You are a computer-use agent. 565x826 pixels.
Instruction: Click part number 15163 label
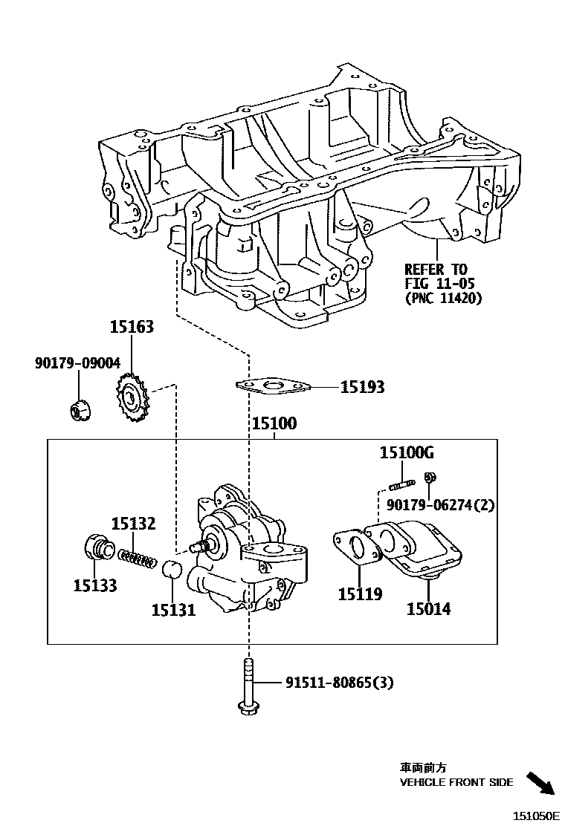132,326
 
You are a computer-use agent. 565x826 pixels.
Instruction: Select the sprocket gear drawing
132,400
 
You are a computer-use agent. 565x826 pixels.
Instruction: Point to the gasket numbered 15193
272,386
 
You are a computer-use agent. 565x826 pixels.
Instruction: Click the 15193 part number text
363,387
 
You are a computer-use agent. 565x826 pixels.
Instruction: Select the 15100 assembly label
274,424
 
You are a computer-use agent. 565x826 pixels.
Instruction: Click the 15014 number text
428,610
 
